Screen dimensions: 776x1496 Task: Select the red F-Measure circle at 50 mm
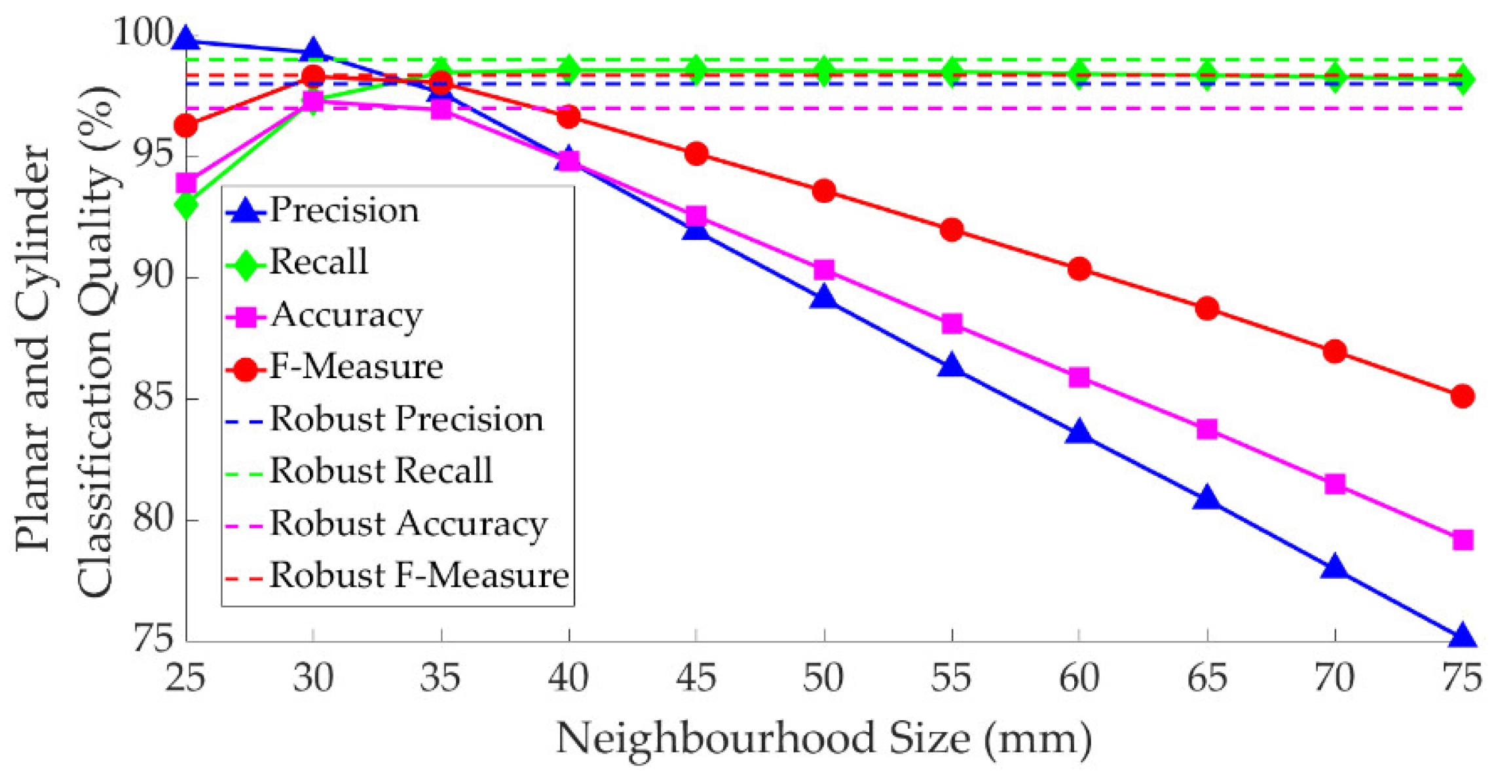click(x=823, y=191)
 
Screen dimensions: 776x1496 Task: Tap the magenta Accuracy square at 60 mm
click(x=1079, y=378)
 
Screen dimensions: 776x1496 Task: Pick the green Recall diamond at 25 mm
click(x=186, y=206)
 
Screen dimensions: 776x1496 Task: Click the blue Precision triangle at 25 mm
click(x=186, y=39)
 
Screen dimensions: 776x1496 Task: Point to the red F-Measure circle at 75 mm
click(x=1462, y=397)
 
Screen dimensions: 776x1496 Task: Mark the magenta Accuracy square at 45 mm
click(x=696, y=216)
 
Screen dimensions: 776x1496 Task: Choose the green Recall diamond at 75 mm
click(x=1462, y=80)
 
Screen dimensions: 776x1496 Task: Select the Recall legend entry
click(x=318, y=262)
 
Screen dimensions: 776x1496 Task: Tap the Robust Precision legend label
click(x=406, y=419)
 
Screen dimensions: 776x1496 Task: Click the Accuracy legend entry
click(x=346, y=315)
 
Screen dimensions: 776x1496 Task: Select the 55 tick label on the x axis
click(x=951, y=678)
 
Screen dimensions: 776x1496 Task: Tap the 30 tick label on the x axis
click(x=313, y=678)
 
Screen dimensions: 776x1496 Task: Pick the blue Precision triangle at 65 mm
click(x=1206, y=499)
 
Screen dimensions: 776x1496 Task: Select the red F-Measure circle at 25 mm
click(x=186, y=125)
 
